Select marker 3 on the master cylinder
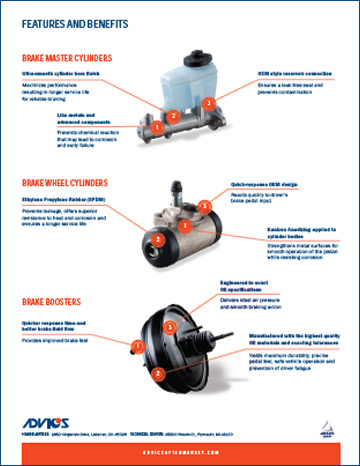[208, 101]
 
